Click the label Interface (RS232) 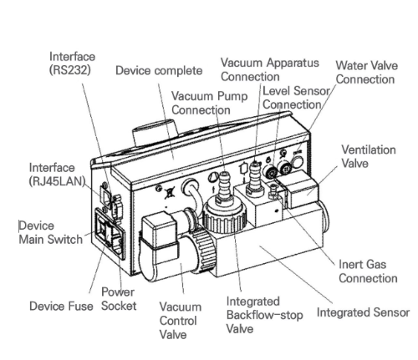coord(72,63)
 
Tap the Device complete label coord(159,70)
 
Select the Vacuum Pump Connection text coord(209,103)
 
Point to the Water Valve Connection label coord(366,73)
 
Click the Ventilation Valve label coord(369,156)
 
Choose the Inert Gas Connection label coord(368,271)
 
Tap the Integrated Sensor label coord(363,312)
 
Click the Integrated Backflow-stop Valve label coord(264,315)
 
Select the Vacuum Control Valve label coord(181,321)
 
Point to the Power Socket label coord(119,299)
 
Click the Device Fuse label coord(61,306)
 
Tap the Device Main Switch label coord(51,232)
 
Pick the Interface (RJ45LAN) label coord(57,175)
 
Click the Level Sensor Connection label coord(296,98)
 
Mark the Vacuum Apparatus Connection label coord(270,69)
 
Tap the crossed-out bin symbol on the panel coord(169,193)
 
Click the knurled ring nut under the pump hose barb coord(224,218)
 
